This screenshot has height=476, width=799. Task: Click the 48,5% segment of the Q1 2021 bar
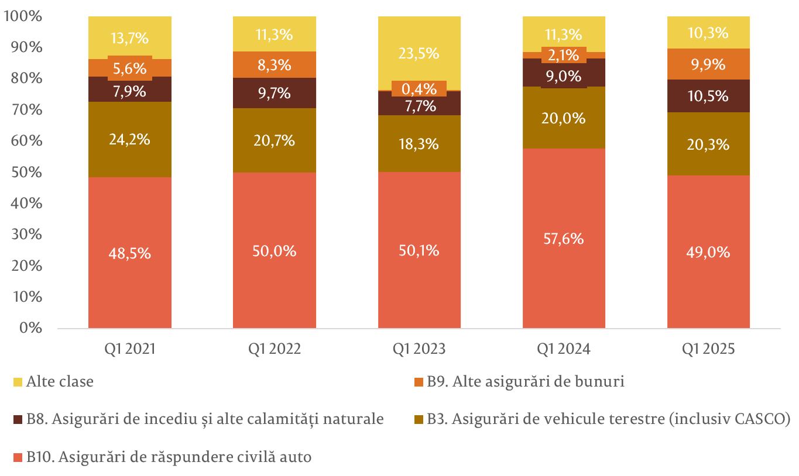129,253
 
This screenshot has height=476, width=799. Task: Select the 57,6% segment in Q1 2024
564,239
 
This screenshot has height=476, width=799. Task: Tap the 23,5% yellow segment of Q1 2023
419,53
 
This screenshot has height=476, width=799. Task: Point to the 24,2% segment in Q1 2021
129,140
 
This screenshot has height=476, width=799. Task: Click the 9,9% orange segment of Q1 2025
708,64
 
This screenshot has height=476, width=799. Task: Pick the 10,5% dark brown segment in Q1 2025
708,96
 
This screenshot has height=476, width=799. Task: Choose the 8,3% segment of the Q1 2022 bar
274,65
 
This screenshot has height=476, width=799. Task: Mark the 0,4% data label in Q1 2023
419,89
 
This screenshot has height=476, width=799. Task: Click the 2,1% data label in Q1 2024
564,56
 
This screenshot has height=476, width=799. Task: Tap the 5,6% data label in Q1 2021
129,68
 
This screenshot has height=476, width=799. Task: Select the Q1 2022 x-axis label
274,349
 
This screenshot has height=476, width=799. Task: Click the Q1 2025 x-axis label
708,349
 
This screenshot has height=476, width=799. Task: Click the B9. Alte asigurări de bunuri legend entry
524,382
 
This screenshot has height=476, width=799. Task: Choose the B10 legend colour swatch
18,457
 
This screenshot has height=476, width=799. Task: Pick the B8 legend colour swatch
18,420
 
